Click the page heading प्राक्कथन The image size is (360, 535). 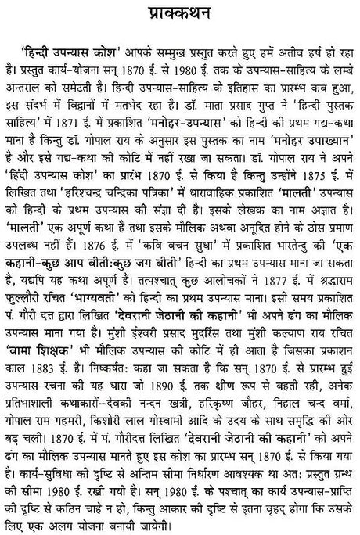tap(180, 14)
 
